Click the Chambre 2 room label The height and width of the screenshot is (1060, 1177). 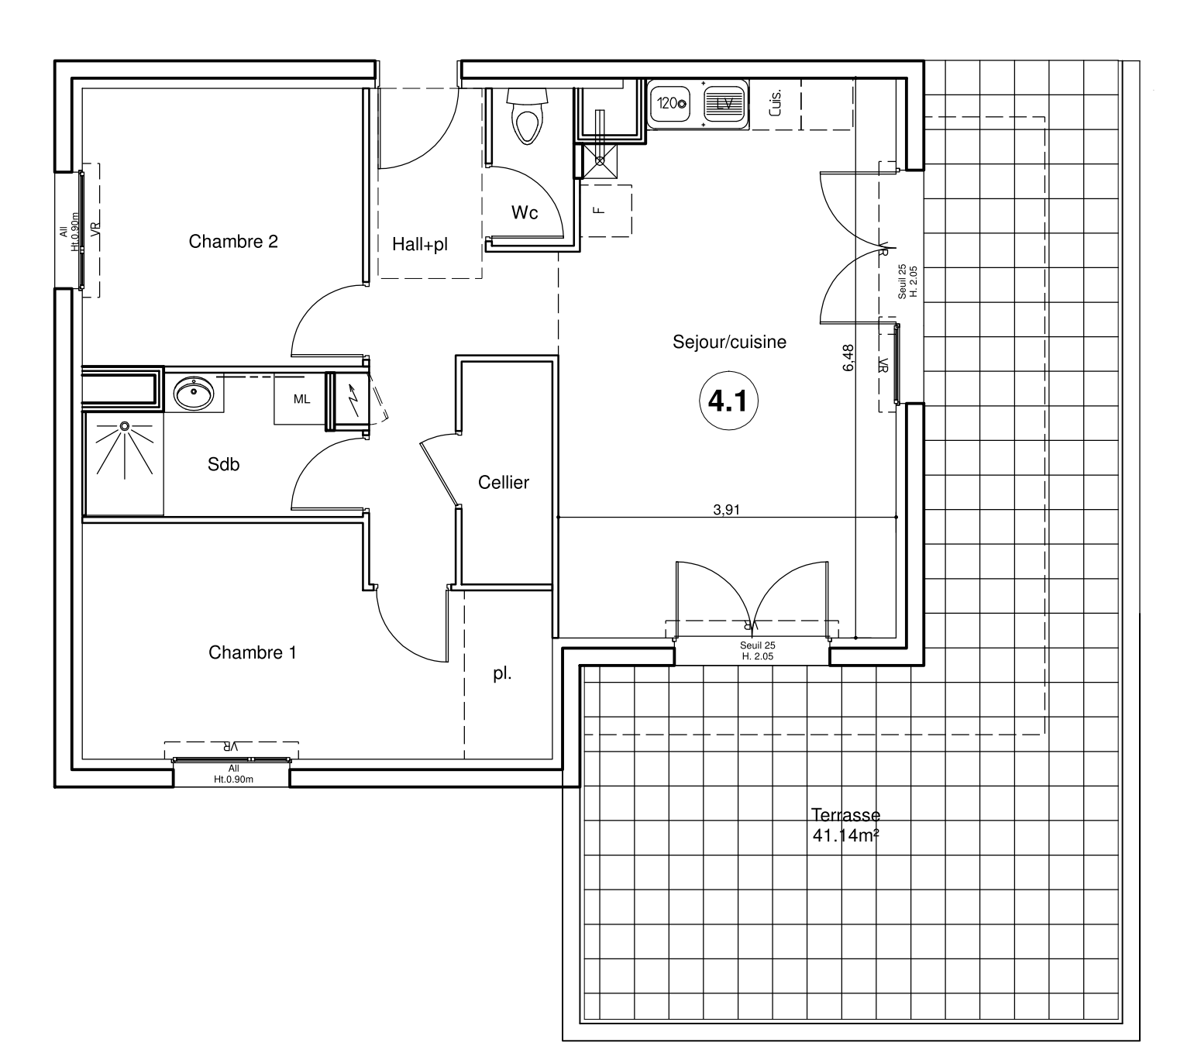click(233, 241)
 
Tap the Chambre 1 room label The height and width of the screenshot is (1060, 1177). click(253, 652)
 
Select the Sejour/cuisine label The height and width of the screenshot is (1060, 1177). click(729, 342)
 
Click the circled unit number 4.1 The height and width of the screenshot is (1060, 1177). click(728, 401)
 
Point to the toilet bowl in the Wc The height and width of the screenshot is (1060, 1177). click(528, 116)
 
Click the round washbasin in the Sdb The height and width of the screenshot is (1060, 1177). click(194, 393)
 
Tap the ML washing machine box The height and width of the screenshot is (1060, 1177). click(301, 399)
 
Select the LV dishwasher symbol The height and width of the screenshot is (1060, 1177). click(724, 105)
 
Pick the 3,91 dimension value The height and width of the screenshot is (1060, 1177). click(726, 509)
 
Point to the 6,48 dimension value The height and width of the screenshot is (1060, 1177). click(848, 357)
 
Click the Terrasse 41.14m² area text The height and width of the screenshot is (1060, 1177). click(846, 824)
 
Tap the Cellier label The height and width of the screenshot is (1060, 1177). click(504, 482)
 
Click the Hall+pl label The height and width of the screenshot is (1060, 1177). click(419, 243)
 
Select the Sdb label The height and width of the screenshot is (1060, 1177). click(224, 463)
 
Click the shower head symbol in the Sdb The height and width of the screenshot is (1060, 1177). click(125, 426)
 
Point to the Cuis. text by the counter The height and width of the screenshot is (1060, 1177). click(775, 103)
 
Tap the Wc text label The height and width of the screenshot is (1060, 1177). click(525, 212)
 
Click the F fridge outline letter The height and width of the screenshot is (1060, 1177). click(598, 210)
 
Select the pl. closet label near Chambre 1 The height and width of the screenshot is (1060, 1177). click(502, 674)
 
